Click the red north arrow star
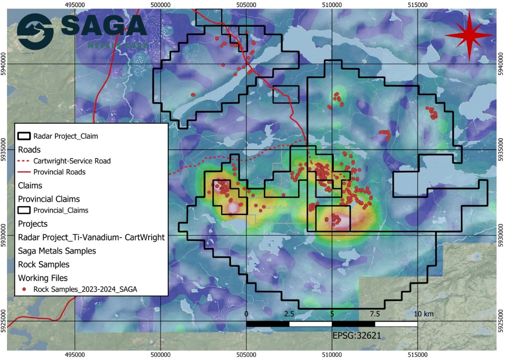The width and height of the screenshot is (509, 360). pos(469,36)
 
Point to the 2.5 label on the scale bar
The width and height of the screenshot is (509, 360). pos(289,314)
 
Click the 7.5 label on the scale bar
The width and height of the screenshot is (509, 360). pos(374,314)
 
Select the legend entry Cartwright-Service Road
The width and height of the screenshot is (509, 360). pos(72,161)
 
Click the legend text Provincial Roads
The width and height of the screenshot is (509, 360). pos(60,172)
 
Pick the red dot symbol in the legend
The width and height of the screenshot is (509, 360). pos(24,290)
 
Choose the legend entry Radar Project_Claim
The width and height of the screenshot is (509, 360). pos(66,136)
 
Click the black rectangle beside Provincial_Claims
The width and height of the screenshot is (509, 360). pos(24,210)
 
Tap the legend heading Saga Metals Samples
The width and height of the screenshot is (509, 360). pos(57,251)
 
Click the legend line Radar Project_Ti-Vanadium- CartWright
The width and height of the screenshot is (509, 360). pos(91,237)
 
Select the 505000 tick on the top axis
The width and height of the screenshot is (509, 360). pos(246,4)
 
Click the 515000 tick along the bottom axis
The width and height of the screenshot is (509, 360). pos(418,355)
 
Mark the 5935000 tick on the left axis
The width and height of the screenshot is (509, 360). pos(4,150)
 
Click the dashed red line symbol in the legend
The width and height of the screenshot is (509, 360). pos(24,161)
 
